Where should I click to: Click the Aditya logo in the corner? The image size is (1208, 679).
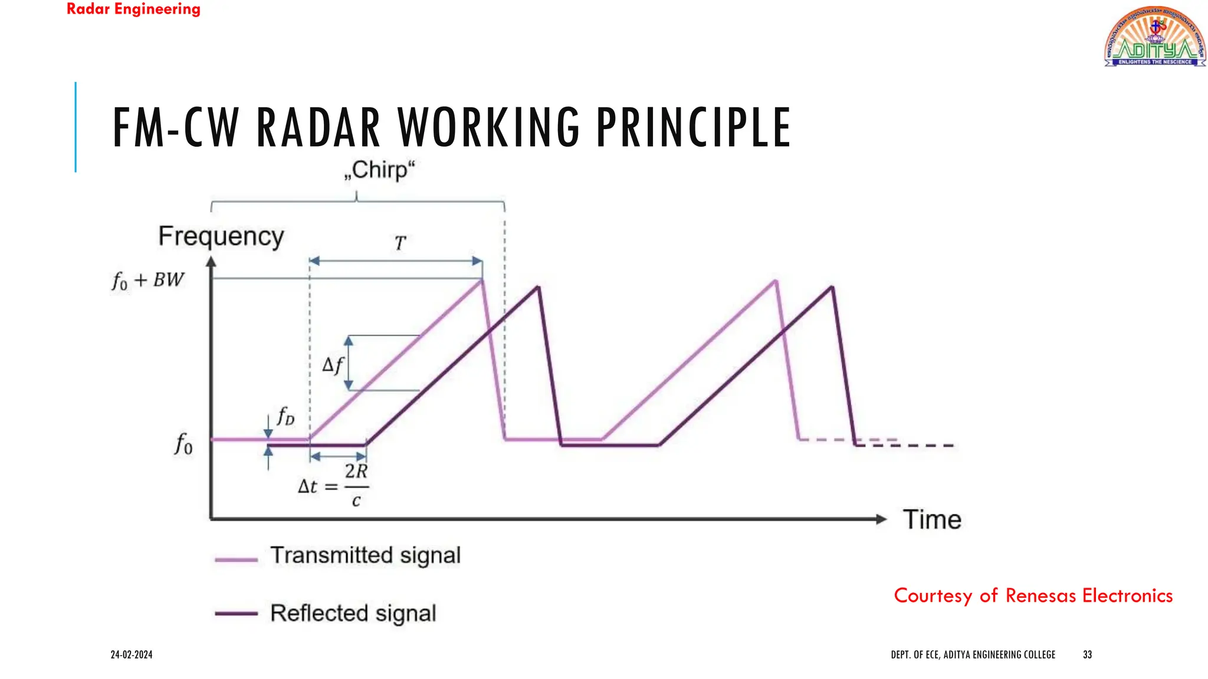tap(1154, 37)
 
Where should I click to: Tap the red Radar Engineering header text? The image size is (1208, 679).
tap(133, 9)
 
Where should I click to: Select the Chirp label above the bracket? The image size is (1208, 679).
tap(379, 170)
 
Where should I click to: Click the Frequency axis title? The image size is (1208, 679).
tap(221, 236)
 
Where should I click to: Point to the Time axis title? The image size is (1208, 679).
tap(932, 520)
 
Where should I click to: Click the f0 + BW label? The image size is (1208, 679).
tap(148, 280)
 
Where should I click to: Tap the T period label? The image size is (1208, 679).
tap(400, 243)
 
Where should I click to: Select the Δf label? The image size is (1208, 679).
tap(332, 365)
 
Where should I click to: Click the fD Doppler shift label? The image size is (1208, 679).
tap(285, 416)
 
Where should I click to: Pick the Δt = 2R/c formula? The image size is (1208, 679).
tap(333, 486)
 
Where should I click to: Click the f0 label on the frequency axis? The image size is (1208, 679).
tap(183, 444)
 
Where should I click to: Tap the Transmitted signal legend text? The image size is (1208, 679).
tap(365, 555)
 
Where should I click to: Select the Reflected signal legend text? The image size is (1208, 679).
tap(353, 613)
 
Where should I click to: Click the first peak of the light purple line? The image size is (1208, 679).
tap(482, 281)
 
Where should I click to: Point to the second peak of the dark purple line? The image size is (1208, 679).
tap(832, 288)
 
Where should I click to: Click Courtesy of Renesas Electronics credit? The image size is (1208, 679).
tap(1033, 595)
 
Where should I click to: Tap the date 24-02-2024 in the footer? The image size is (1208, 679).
tap(132, 654)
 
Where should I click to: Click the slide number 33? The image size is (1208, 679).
tap(1087, 654)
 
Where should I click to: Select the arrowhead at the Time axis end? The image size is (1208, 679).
tap(881, 519)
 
